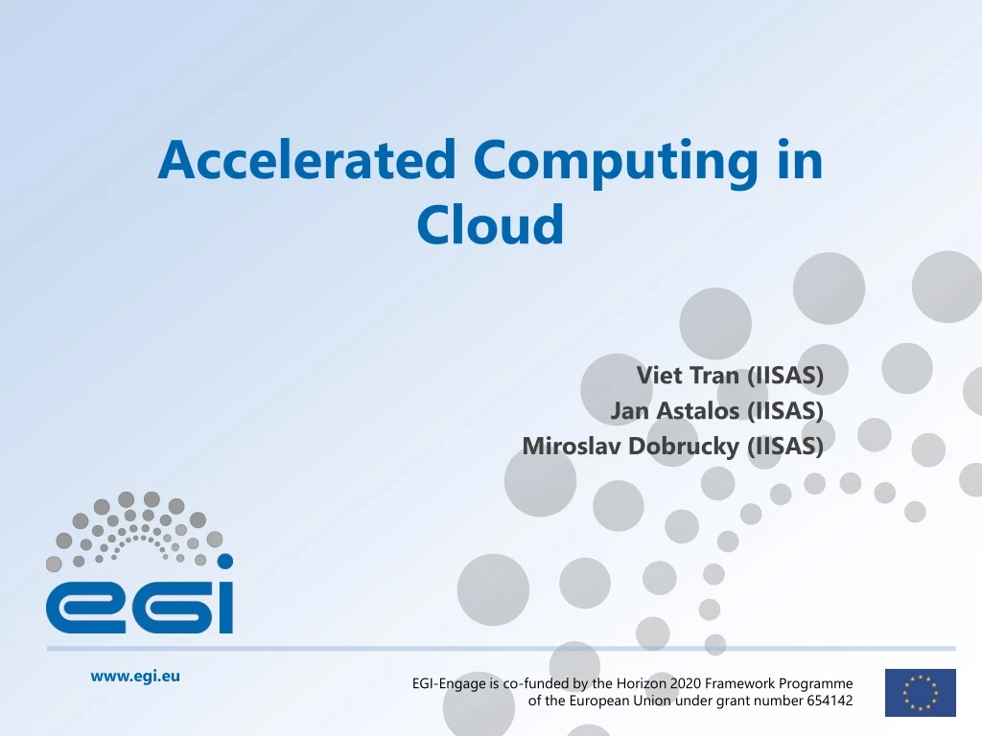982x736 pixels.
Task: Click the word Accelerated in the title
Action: [307, 160]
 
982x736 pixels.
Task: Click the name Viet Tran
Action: [688, 375]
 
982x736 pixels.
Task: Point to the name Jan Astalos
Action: [675, 410]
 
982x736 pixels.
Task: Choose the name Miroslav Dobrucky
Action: [630, 446]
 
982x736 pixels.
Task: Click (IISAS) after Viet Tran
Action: [784, 375]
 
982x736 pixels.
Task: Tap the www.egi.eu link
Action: [135, 676]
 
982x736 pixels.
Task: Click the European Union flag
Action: [920, 693]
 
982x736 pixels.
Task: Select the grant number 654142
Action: [824, 701]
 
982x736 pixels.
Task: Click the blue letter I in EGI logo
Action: [223, 607]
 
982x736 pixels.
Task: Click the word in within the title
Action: [800, 160]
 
